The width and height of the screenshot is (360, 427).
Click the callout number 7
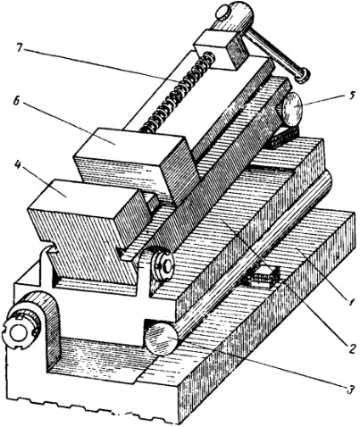coord(20,48)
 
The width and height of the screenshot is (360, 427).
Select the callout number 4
coord(18,165)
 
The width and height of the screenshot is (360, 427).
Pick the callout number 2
coord(351,348)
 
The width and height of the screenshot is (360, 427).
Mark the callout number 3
coord(350,389)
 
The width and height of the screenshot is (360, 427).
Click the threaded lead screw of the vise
coord(177,92)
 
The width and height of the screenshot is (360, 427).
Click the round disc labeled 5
coord(290,109)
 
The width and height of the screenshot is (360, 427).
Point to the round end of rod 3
coord(162,339)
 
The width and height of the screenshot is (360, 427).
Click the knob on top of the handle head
coord(222,13)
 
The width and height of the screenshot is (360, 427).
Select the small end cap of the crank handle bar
coord(302,74)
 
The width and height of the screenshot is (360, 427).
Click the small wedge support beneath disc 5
coord(284,137)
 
